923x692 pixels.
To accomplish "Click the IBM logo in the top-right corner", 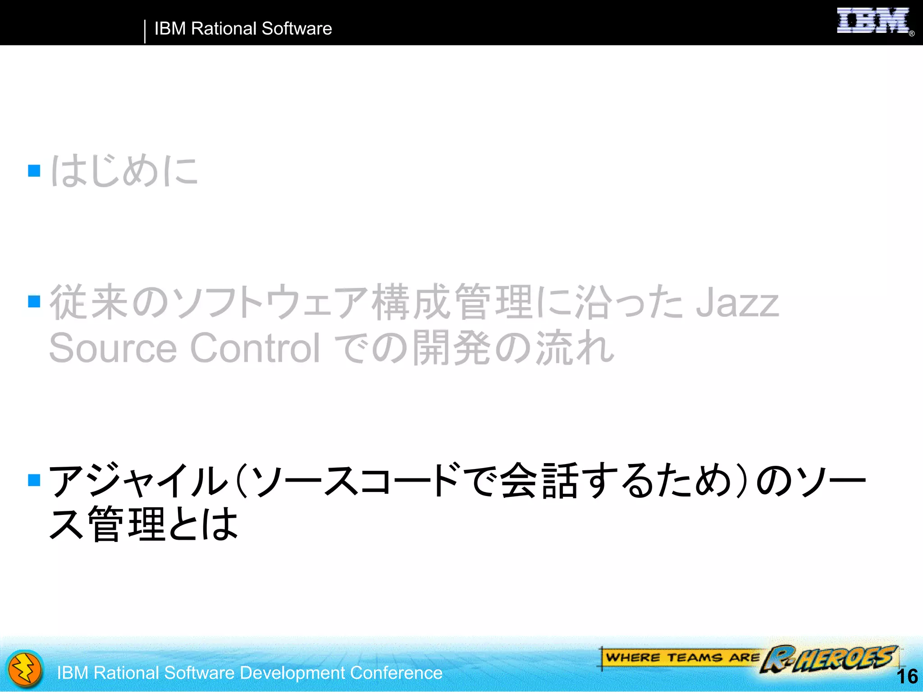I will tap(873, 21).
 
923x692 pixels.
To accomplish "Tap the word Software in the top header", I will tap(297, 28).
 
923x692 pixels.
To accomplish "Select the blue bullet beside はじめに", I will tap(34, 170).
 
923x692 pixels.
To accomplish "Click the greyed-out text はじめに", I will tap(124, 170).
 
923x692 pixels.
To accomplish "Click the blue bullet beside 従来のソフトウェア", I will tap(34, 301).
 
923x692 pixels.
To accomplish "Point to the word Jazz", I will tap(737, 303).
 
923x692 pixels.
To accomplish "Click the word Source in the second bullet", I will tap(113, 348).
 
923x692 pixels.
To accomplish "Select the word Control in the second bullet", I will tap(255, 348).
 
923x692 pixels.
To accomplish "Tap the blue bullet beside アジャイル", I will tap(34, 480).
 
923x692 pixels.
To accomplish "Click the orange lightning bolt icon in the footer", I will tap(25, 669).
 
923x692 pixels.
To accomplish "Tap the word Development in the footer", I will tap(292, 673).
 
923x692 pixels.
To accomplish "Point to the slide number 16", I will tap(907, 676).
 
